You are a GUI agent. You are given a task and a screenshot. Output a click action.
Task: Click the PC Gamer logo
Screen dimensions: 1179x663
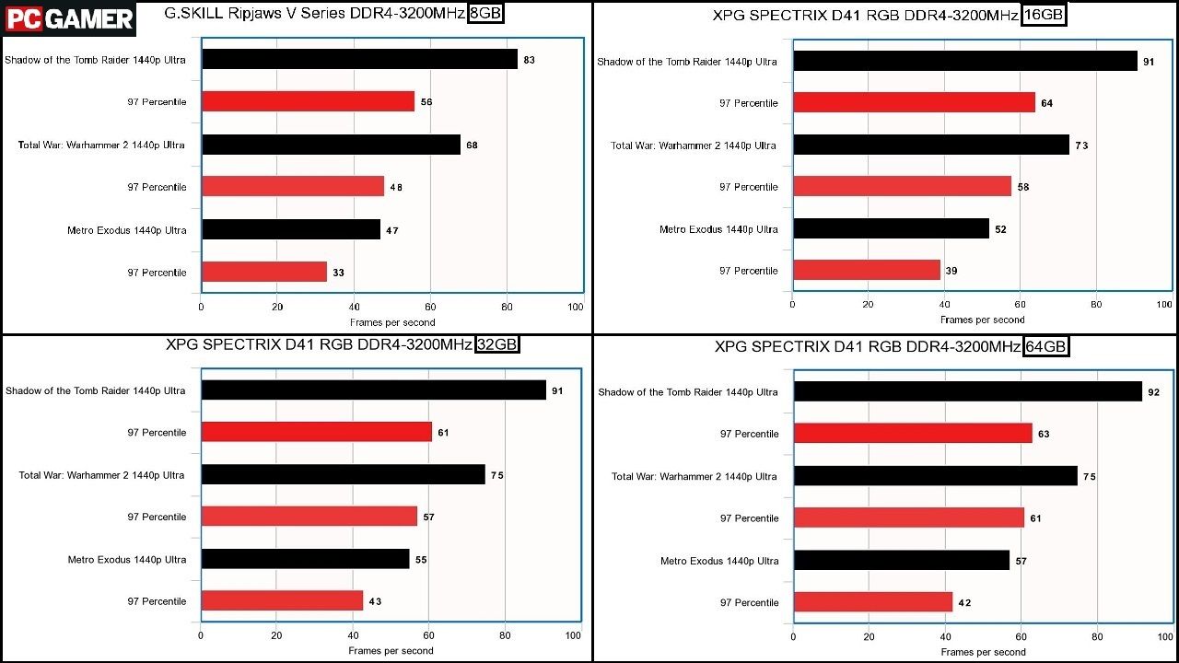point(68,19)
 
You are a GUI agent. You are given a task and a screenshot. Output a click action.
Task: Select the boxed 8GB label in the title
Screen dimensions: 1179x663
point(485,13)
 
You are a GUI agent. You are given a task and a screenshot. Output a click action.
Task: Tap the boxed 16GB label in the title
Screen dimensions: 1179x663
point(1044,15)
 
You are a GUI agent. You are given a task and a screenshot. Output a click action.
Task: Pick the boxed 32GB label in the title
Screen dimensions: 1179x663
point(496,344)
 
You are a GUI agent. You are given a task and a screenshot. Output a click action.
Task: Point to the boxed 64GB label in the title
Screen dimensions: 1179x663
point(1046,346)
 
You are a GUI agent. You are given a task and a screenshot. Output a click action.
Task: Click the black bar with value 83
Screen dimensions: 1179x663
point(359,59)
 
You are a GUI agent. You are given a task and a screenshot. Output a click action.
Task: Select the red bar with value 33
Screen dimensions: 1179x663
point(264,272)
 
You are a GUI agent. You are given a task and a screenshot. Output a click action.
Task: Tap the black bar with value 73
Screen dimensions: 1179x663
point(931,145)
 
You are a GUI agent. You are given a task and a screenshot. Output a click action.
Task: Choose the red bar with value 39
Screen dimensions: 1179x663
point(867,270)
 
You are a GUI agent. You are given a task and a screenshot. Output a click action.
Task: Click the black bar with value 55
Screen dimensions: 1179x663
point(305,559)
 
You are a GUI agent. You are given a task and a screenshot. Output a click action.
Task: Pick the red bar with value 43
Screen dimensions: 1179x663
point(282,600)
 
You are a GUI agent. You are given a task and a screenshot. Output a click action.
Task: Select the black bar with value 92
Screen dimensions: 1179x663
point(968,391)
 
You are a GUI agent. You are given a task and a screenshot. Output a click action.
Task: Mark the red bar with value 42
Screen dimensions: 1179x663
point(873,602)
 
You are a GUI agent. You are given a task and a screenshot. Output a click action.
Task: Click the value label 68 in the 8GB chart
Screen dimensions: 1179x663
point(472,145)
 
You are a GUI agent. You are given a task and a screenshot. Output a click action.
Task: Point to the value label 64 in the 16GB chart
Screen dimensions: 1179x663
point(1047,103)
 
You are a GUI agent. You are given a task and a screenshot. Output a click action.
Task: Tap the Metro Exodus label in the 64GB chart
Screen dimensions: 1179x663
point(719,561)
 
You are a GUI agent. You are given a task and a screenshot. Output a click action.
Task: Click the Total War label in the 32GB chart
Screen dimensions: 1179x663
point(101,475)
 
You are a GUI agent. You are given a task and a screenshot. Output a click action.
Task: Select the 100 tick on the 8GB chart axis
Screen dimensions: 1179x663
point(576,307)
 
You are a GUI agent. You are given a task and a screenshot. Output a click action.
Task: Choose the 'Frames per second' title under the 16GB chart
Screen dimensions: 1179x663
point(982,320)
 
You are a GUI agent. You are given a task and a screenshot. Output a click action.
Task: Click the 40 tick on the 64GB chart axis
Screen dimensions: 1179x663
point(945,636)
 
